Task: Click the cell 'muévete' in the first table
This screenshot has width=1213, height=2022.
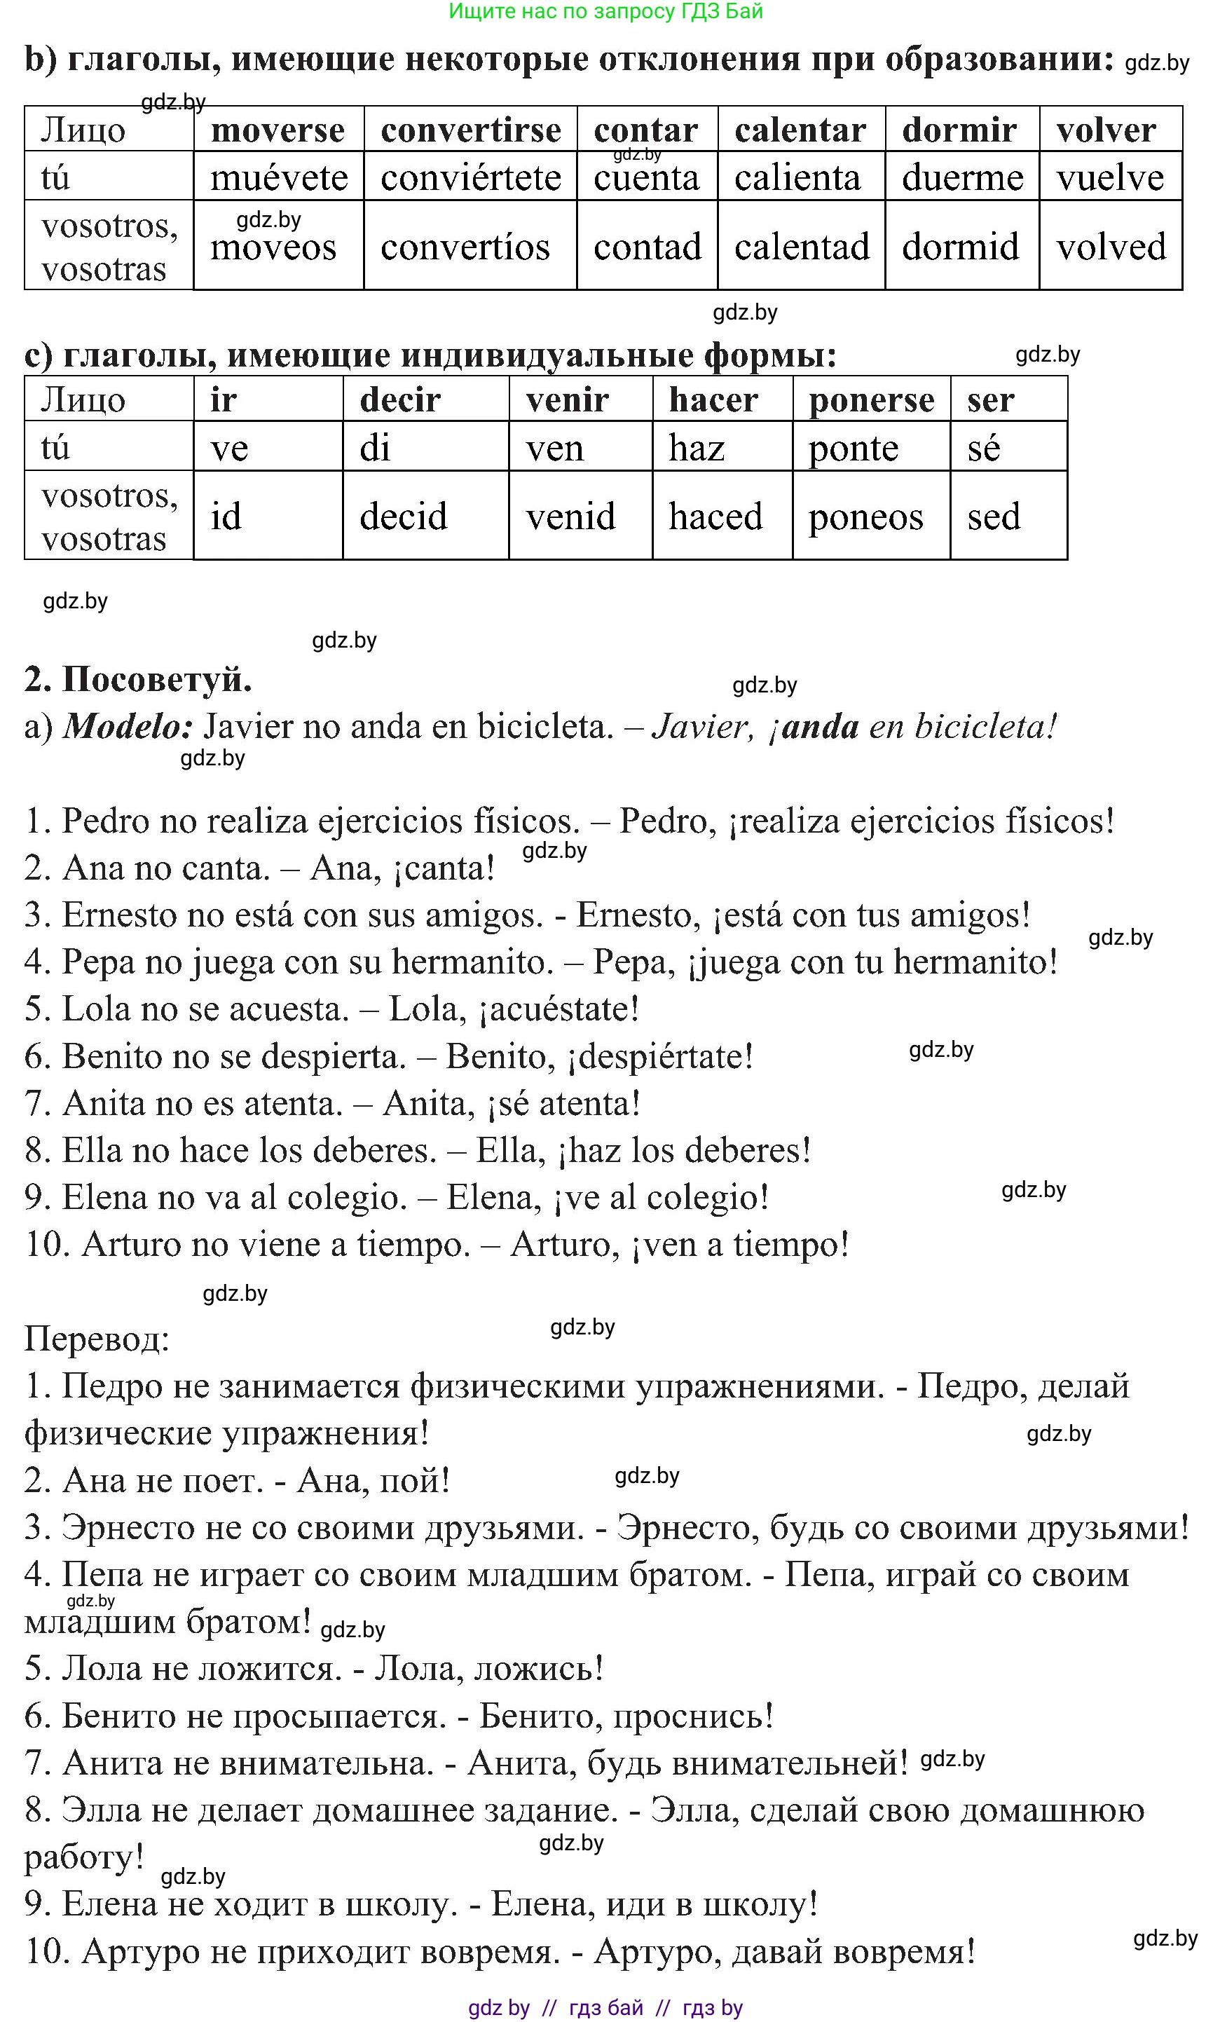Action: pos(279,177)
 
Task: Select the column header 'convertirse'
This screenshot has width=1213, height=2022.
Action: pos(470,130)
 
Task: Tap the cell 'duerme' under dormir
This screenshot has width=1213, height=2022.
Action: pos(962,177)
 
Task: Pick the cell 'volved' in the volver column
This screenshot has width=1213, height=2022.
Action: pos(1111,246)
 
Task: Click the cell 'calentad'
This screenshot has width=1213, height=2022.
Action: pos(801,246)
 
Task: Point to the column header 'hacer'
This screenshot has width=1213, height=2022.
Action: pos(713,399)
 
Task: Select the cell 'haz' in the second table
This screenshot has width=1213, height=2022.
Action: pos(697,448)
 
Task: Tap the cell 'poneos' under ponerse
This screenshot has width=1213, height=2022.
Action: pos(865,517)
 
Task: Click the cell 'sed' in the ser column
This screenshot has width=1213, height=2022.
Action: pos(994,517)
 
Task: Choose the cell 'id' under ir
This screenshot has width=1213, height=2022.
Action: pos(226,517)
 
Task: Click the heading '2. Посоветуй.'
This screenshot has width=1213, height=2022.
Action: pos(138,679)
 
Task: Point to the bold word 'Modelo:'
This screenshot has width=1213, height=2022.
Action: pos(128,726)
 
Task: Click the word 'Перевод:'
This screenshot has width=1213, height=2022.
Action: pos(97,1339)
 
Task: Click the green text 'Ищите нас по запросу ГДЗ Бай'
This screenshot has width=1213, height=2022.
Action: pos(605,11)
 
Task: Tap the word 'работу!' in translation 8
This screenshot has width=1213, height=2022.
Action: pos(84,1858)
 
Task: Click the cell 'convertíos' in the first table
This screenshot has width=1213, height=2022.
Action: pos(465,246)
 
